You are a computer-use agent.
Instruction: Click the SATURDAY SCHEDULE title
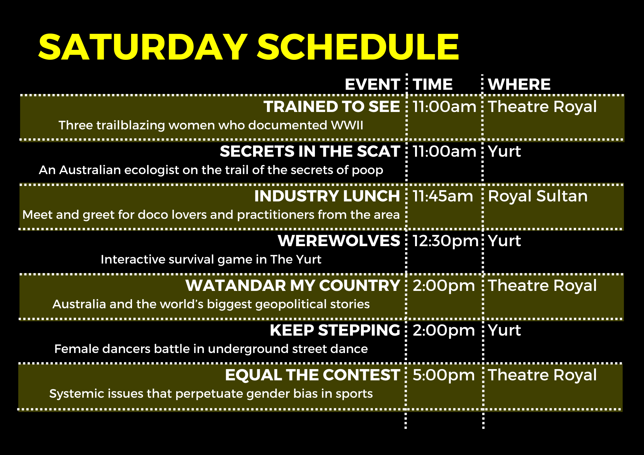pos(249,47)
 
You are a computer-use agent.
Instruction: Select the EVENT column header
pos(372,84)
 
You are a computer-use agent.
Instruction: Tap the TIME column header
pos(433,84)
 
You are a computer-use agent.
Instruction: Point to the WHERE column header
pos(519,84)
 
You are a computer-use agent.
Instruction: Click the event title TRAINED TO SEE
pos(332,107)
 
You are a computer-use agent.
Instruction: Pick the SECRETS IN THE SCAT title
pos(310,151)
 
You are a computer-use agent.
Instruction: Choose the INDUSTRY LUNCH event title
pos(327,196)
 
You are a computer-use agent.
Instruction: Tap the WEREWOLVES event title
pos(339,241)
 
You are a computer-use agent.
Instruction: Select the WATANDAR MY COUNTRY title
pos(293,285)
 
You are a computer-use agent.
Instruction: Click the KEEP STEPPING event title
pos(335,330)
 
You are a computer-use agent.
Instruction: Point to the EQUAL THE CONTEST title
pos(312,375)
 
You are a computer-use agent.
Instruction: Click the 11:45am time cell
pos(443,196)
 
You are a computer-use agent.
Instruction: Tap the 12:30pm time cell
pos(446,241)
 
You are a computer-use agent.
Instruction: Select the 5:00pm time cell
pos(444,376)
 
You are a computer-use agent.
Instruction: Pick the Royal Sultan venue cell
pos(538,196)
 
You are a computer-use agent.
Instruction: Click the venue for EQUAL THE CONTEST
pos(543,376)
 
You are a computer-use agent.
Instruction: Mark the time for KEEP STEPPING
pos(444,331)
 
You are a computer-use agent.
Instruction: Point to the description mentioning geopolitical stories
pos(211,304)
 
